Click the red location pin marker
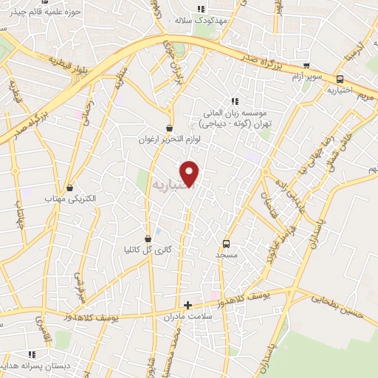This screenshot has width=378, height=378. click(x=190, y=172)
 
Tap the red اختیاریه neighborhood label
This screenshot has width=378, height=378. click(x=171, y=183)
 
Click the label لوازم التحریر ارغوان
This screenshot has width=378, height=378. click(x=171, y=140)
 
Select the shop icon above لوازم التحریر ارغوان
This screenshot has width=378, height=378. click(x=171, y=128)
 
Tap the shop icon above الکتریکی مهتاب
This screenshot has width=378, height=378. click(x=70, y=188)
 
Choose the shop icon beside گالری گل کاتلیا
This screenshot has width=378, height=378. click(x=148, y=238)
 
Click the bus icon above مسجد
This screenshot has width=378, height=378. click(x=226, y=243)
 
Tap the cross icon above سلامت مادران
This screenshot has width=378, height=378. click(x=188, y=304)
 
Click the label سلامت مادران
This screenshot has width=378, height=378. click(x=188, y=316)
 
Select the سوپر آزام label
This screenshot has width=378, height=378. click(x=305, y=77)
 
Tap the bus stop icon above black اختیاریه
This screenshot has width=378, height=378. click(x=340, y=80)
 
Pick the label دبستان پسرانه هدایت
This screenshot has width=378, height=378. click(x=31, y=364)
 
